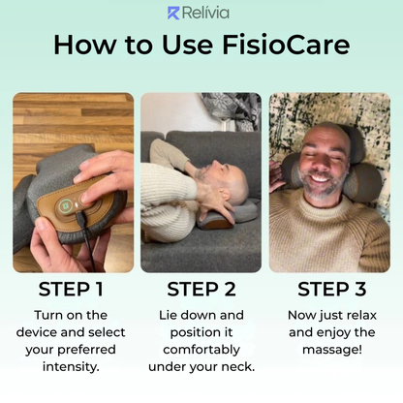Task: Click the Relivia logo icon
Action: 174,13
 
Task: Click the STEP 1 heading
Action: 72,289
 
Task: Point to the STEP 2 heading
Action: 201,289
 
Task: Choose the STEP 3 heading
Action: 330,289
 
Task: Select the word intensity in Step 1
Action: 73,366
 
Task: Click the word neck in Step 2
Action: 236,366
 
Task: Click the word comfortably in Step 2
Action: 201,349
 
